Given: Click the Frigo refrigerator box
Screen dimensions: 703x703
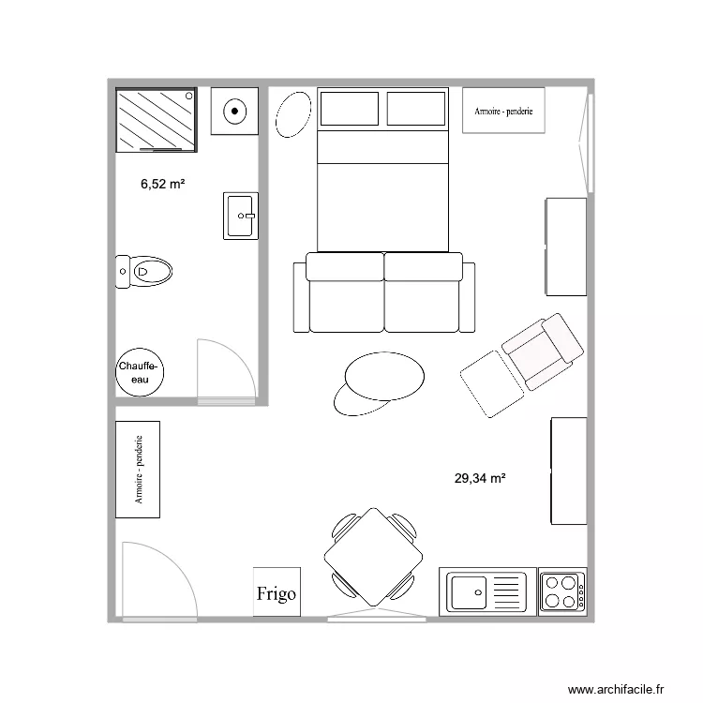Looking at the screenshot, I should click(x=277, y=591).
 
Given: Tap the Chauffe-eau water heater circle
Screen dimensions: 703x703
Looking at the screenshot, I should click(x=140, y=372).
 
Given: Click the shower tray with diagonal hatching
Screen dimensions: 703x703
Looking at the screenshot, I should click(x=157, y=119).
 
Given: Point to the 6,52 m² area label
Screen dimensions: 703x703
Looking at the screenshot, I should click(x=162, y=185).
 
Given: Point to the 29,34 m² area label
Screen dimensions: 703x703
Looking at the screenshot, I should click(x=480, y=478).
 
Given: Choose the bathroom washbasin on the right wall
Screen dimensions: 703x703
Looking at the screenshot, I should click(x=240, y=216).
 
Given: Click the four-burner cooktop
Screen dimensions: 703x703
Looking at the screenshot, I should click(x=561, y=591).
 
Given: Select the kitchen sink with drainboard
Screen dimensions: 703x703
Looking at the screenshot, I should click(x=486, y=591).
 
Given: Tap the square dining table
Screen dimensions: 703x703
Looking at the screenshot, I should click(x=373, y=556).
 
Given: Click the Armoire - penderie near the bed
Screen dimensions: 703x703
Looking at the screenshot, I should click(x=503, y=111).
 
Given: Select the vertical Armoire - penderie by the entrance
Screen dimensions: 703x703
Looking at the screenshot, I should click(x=138, y=469).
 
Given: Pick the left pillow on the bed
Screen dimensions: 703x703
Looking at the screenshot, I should click(x=350, y=109).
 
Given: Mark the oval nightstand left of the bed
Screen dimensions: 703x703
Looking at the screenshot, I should click(x=294, y=113).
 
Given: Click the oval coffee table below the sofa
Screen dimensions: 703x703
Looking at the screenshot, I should click(x=382, y=377).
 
